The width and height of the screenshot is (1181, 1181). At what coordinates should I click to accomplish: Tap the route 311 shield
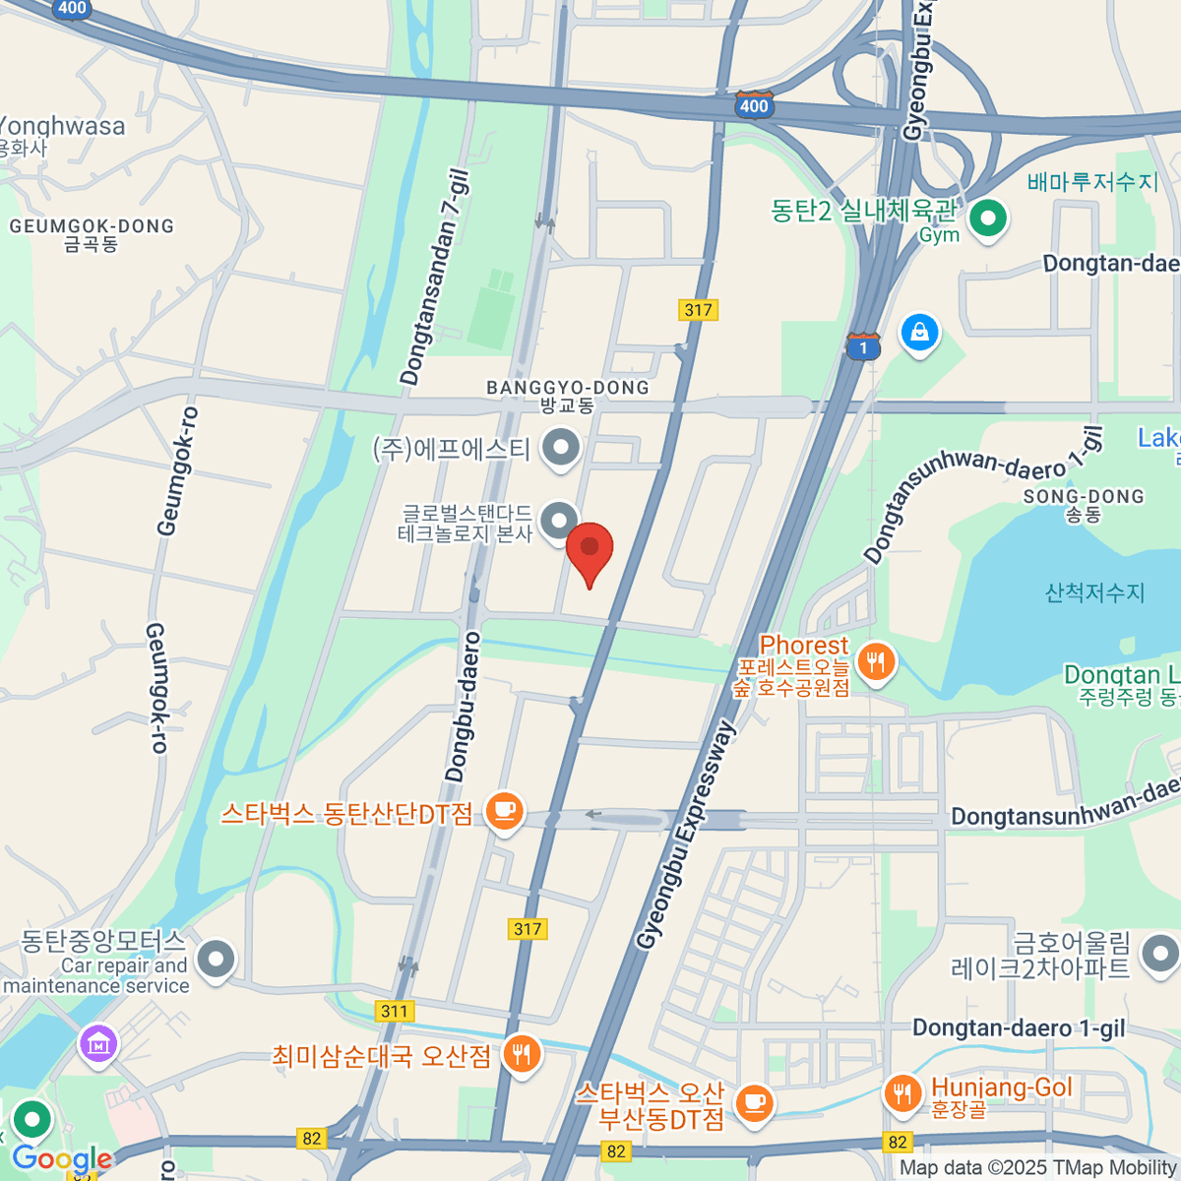395,1011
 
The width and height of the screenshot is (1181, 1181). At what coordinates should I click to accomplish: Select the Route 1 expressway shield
863,346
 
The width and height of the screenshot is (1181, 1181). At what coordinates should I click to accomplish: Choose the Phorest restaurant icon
876,661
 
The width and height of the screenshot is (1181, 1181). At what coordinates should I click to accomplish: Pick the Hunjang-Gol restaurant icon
901,1091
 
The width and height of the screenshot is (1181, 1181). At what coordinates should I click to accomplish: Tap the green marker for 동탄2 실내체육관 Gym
988,218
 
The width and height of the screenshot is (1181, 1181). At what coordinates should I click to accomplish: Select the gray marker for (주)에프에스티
561,448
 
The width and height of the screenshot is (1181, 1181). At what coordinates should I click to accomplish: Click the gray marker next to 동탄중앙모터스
216,957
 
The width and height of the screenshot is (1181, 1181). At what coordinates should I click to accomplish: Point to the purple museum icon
98,1044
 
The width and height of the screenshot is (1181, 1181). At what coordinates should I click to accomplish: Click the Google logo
62,1158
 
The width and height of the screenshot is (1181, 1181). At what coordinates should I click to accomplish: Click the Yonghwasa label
61,127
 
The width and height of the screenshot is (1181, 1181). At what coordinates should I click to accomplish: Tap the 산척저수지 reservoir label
1094,592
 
